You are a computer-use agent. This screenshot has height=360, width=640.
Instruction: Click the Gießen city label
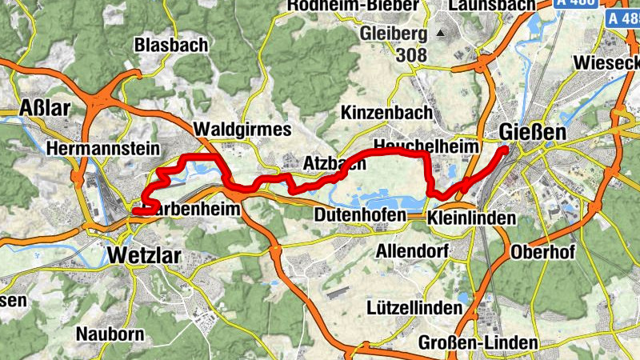(x=532, y=131)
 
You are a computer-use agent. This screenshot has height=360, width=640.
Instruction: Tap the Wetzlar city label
(x=143, y=256)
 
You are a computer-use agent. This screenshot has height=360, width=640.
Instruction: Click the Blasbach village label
(x=171, y=46)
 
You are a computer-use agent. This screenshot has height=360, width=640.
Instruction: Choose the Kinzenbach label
(x=386, y=113)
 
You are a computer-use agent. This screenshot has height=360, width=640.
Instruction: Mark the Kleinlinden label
(x=471, y=218)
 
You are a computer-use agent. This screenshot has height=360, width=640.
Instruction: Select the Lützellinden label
(x=414, y=307)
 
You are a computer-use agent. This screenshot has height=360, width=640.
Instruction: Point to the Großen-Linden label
(x=478, y=343)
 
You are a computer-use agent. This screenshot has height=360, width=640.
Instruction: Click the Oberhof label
(x=543, y=252)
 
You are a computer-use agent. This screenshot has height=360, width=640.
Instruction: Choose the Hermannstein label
(x=104, y=149)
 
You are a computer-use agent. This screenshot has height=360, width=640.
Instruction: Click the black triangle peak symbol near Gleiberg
(x=440, y=34)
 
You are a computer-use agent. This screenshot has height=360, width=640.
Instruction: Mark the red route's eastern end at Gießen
(x=505, y=149)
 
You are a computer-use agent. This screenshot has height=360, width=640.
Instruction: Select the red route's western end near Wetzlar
(x=134, y=211)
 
